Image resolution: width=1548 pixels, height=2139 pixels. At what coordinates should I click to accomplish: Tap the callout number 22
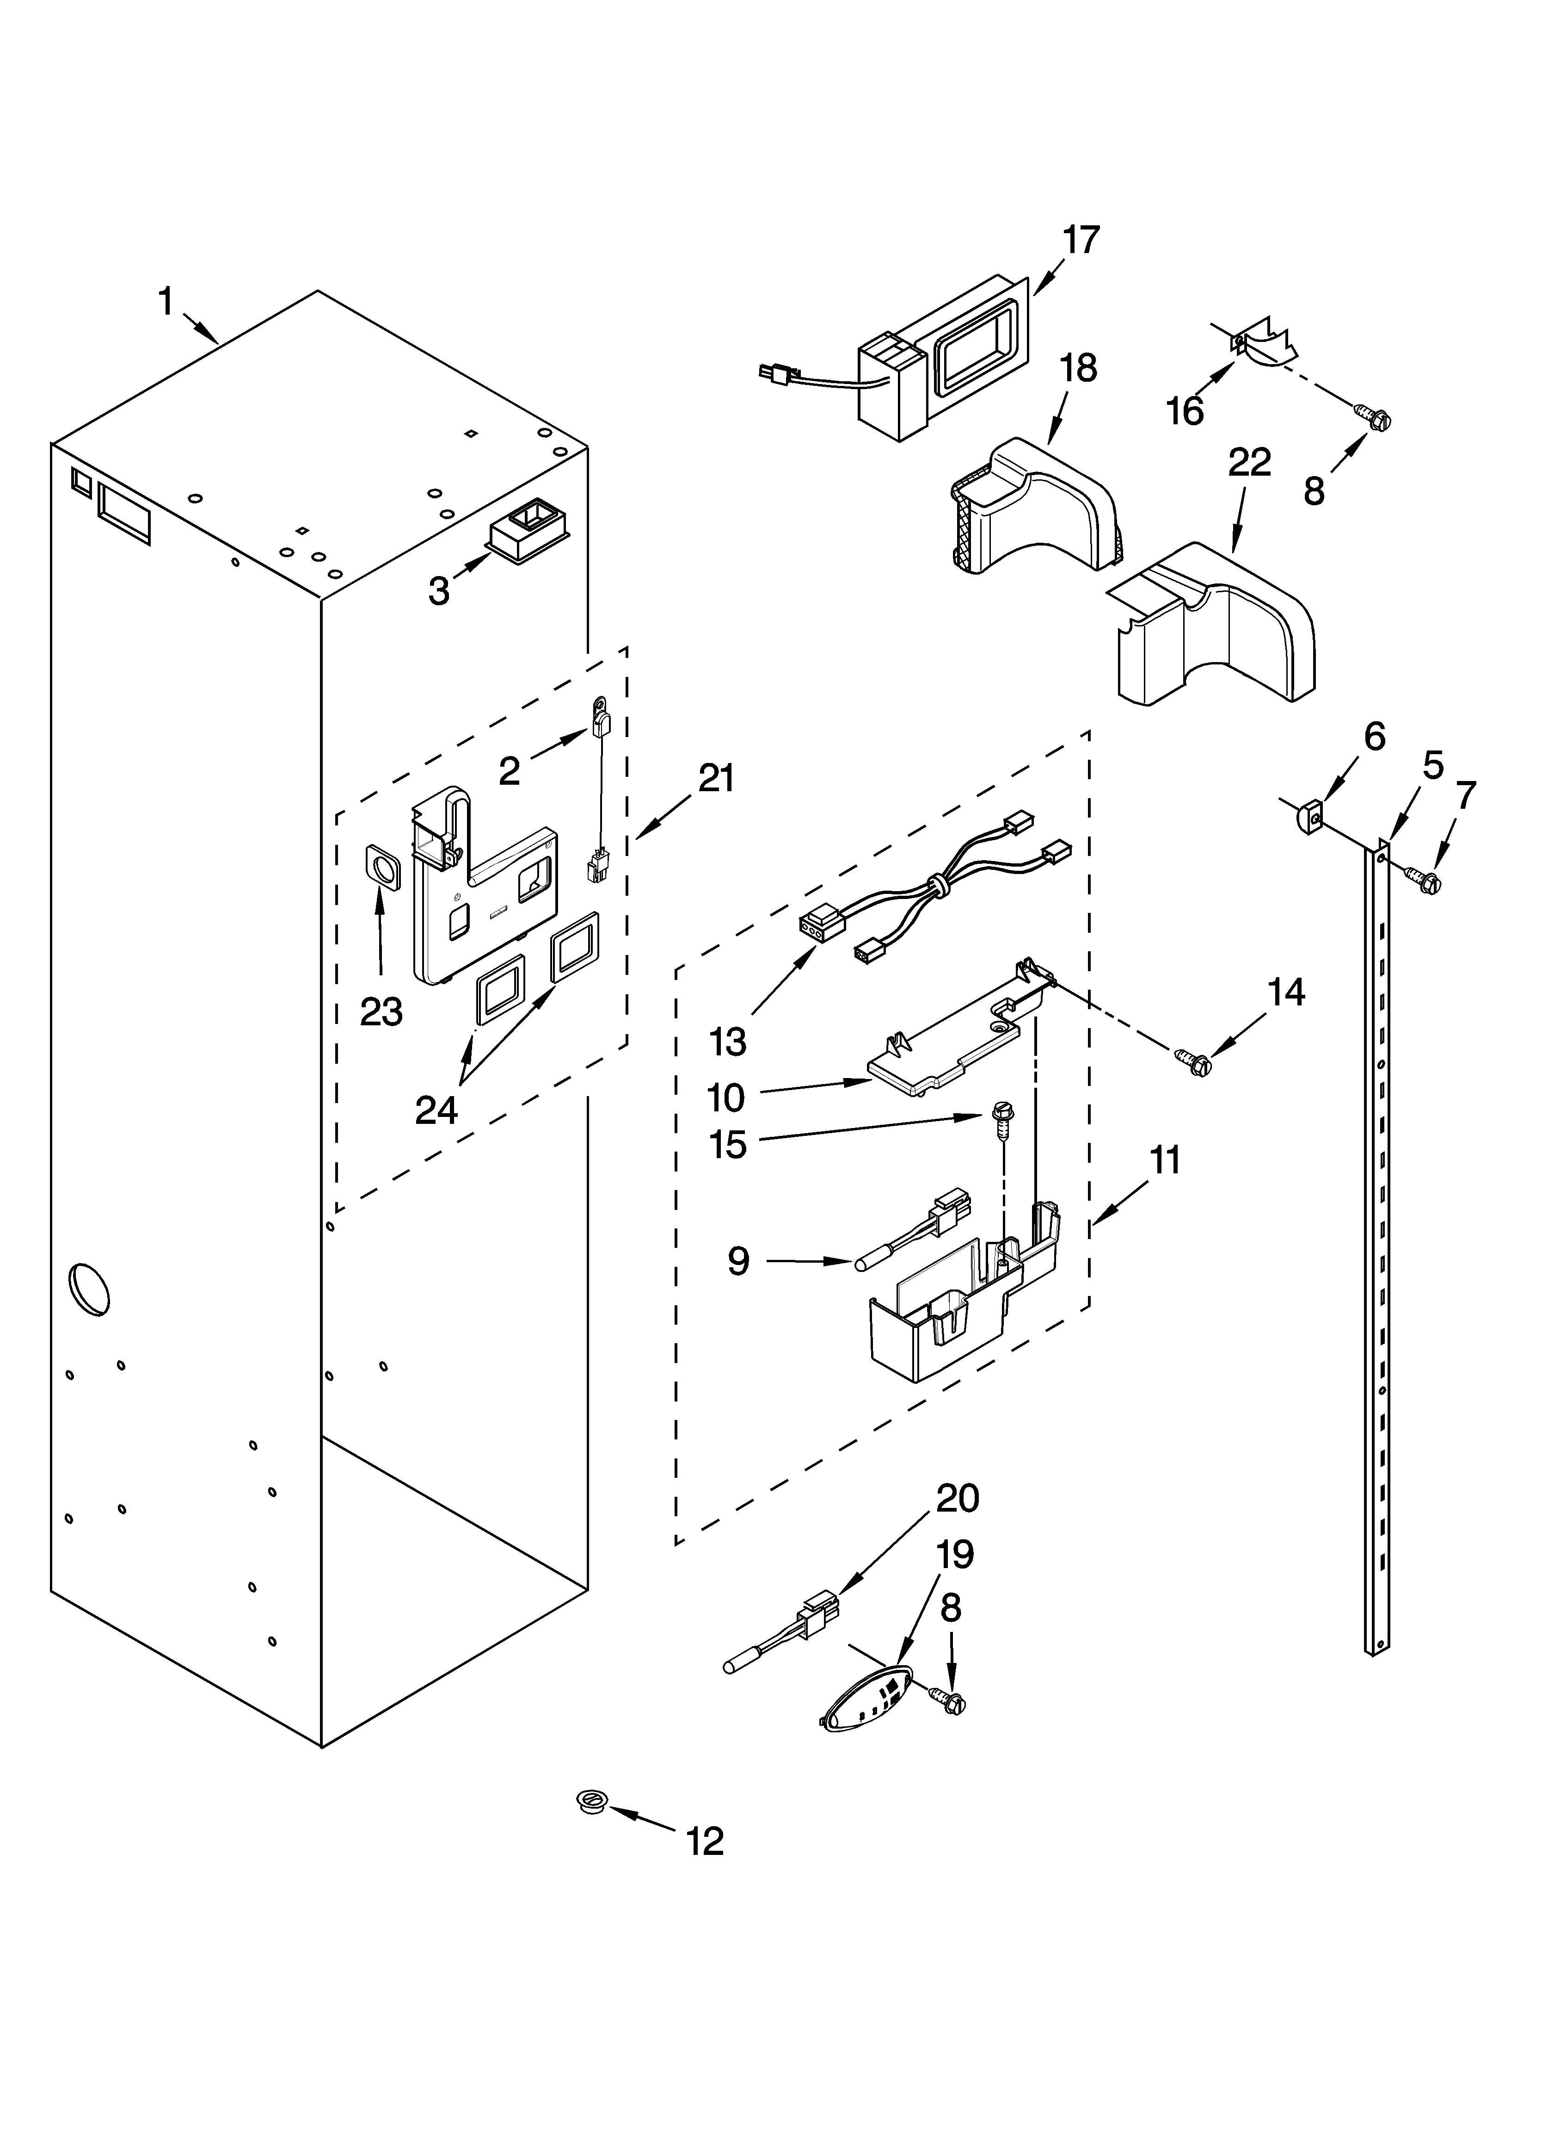tap(1249, 462)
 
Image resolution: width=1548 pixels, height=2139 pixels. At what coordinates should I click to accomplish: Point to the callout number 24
tap(436, 1110)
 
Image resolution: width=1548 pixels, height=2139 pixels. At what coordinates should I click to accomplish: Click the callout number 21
tap(717, 779)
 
